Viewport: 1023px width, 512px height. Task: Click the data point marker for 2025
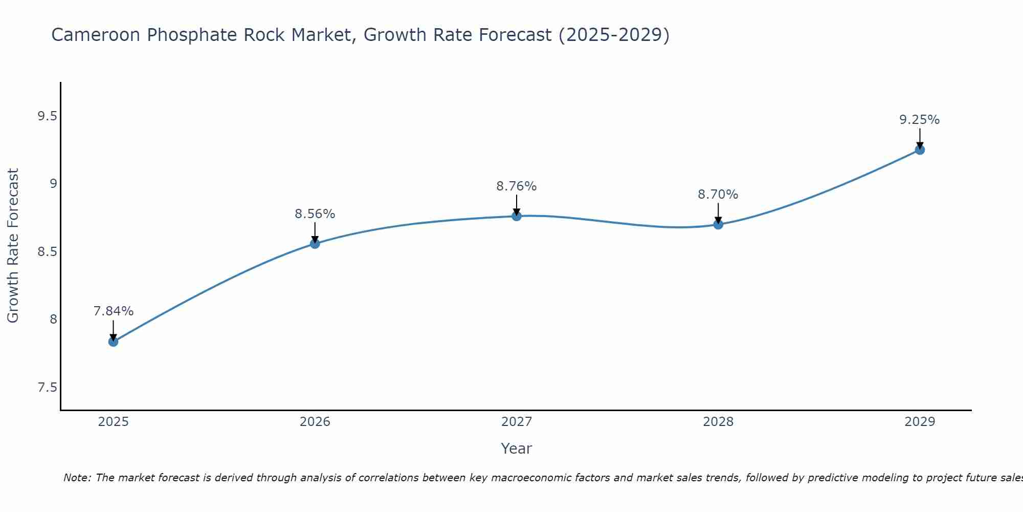pyautogui.click(x=114, y=342)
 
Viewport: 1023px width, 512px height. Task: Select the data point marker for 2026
pyautogui.click(x=315, y=244)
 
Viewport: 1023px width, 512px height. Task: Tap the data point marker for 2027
pyautogui.click(x=517, y=216)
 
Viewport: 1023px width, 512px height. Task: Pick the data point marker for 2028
pyautogui.click(x=718, y=224)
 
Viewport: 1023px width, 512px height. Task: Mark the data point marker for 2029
pyautogui.click(x=920, y=150)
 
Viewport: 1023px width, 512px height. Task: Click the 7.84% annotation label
pyautogui.click(x=114, y=311)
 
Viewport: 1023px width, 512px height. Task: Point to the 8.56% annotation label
pyautogui.click(x=315, y=214)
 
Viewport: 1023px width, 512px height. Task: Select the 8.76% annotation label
pyautogui.click(x=517, y=186)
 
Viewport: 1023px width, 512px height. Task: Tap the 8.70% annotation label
pyautogui.click(x=718, y=195)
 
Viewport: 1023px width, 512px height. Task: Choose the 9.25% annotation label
pyautogui.click(x=920, y=120)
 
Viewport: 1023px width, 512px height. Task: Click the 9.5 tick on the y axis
pyautogui.click(x=47, y=116)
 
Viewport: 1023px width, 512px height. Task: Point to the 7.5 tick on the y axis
pyautogui.click(x=47, y=388)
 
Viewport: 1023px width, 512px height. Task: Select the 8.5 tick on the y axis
pyautogui.click(x=47, y=252)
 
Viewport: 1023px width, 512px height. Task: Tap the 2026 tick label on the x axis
pyautogui.click(x=315, y=422)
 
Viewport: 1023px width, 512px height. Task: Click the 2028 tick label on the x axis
pyautogui.click(x=718, y=422)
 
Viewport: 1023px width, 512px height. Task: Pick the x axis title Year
pyautogui.click(x=517, y=449)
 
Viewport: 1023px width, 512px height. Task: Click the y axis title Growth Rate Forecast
pyautogui.click(x=13, y=246)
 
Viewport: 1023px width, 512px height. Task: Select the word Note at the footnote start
pyautogui.click(x=77, y=478)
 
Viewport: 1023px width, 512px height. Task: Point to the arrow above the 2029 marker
pyautogui.click(x=920, y=138)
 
